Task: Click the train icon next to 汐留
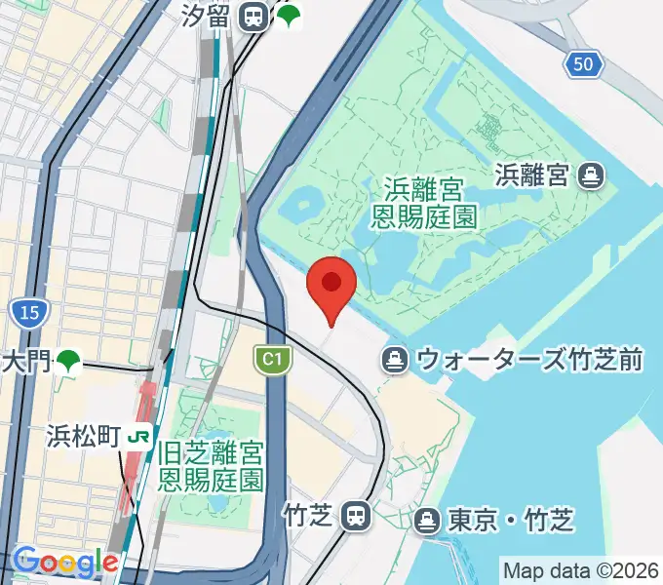(254, 16)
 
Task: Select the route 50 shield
(582, 64)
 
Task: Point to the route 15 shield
(28, 313)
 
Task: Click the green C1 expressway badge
(273, 361)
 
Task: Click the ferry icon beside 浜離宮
(590, 175)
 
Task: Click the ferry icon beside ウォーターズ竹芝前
(396, 360)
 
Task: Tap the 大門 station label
(25, 362)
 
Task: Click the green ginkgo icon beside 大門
(67, 362)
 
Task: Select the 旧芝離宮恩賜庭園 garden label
(212, 465)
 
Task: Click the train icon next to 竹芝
(358, 515)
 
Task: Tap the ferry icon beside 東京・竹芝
(426, 521)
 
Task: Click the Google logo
(65, 563)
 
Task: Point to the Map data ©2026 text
(580, 570)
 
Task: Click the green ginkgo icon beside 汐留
(288, 16)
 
